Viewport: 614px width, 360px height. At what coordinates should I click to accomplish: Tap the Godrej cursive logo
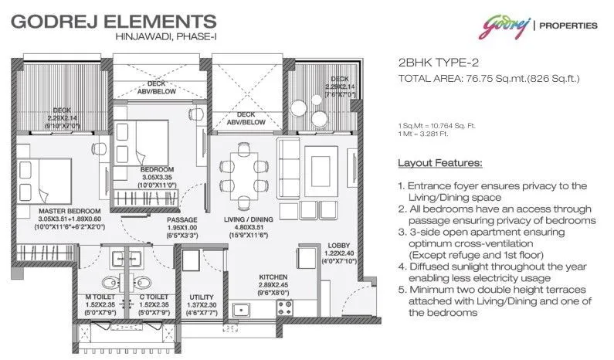[501, 25]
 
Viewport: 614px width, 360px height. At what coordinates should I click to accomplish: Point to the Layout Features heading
[439, 164]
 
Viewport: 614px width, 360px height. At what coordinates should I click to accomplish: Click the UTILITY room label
[202, 296]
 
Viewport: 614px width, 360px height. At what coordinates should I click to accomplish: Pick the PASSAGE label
[182, 219]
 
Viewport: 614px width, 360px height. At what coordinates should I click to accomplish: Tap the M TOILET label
[93, 296]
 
